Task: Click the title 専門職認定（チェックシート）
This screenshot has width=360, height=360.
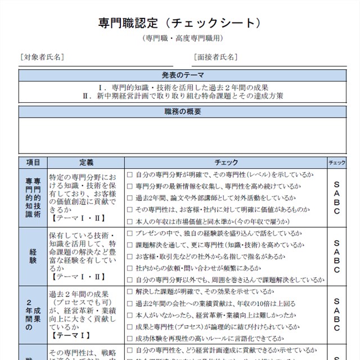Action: (x=179, y=23)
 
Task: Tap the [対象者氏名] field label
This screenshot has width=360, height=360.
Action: (x=42, y=57)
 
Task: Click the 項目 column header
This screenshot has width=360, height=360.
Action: (x=33, y=162)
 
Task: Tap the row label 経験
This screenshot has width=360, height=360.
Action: (x=33, y=256)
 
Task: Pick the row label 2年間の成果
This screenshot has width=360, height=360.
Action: (x=33, y=315)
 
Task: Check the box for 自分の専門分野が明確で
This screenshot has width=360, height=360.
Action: (x=129, y=175)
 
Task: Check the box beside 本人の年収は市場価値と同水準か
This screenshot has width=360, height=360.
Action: (x=129, y=221)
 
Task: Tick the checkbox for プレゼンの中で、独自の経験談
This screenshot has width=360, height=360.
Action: (x=129, y=233)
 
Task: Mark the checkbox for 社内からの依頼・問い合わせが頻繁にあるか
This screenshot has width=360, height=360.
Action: (x=129, y=268)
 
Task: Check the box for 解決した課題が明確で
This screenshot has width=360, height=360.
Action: (x=129, y=291)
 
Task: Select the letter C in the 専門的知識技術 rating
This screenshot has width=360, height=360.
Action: (x=337, y=211)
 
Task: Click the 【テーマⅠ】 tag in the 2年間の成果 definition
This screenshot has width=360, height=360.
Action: (x=70, y=335)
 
